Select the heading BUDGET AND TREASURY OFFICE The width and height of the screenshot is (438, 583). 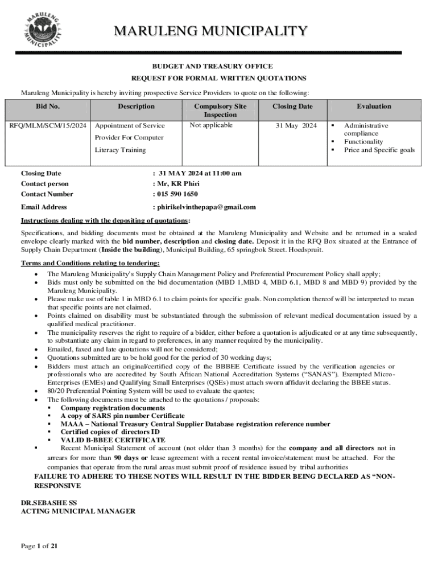218,67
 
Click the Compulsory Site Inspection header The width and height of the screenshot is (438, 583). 220,110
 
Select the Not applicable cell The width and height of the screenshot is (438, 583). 211,125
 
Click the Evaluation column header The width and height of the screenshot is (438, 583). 374,106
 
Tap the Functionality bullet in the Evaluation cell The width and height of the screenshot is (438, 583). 363,142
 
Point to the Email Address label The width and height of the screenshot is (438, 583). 44,207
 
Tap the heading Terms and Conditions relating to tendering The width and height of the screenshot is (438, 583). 90,263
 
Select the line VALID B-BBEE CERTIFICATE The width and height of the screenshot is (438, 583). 113,440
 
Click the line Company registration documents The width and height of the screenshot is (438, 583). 113,408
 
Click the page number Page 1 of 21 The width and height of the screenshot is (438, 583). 39,547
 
